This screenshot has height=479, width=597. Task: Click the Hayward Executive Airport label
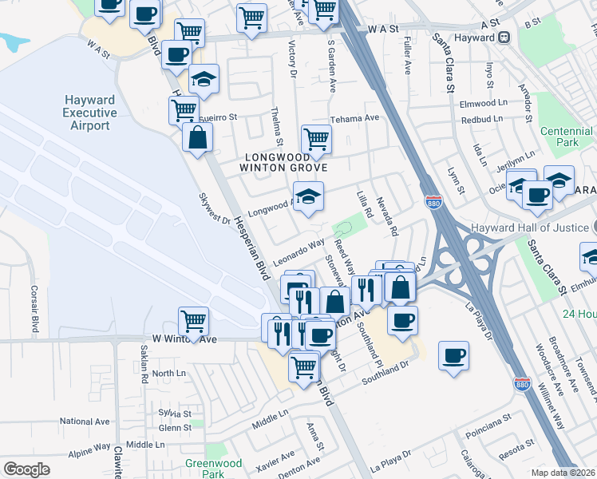90,113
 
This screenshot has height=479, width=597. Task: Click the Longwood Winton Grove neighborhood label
283,161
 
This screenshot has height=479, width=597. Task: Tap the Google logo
26,469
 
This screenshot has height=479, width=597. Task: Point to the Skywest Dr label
215,208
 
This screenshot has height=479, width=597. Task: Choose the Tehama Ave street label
355,118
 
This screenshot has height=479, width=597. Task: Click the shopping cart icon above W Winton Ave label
193,321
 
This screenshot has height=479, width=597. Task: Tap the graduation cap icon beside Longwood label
308,194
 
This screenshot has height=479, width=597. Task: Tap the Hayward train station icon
504,37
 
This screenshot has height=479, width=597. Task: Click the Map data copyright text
563,473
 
